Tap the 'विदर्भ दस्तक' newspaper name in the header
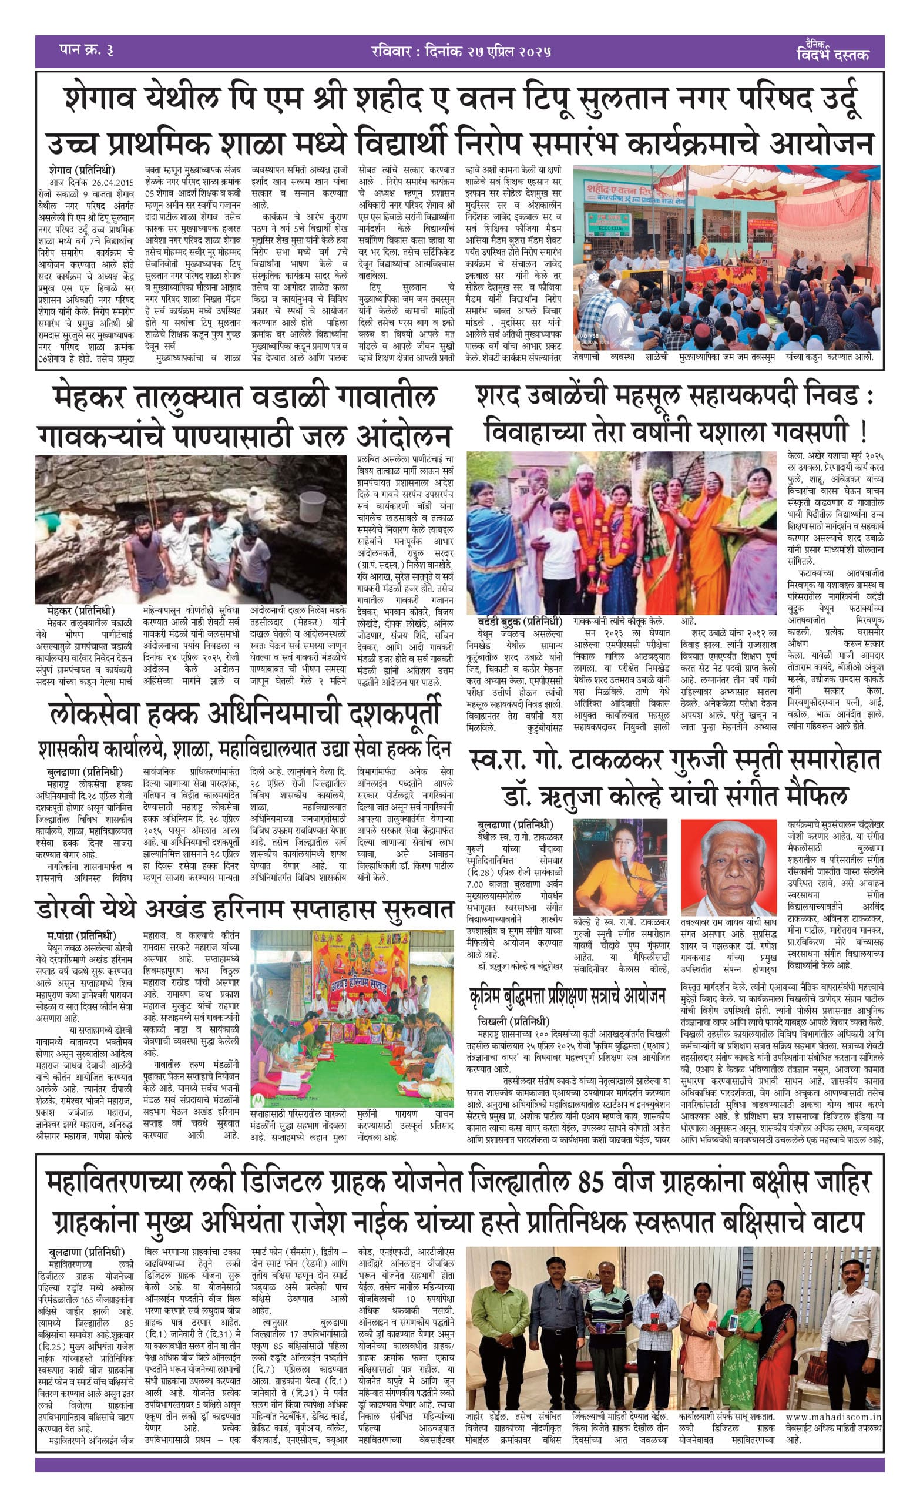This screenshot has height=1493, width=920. point(832,54)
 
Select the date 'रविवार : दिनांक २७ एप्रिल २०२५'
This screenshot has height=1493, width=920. point(461,51)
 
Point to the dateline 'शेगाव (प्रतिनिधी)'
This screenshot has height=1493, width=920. point(82,170)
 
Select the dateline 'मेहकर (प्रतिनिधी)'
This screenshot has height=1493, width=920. point(80,610)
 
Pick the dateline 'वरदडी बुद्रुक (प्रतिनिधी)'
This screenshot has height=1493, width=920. point(519,622)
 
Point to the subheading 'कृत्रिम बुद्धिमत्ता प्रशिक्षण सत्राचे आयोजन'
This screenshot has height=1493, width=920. point(567,996)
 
